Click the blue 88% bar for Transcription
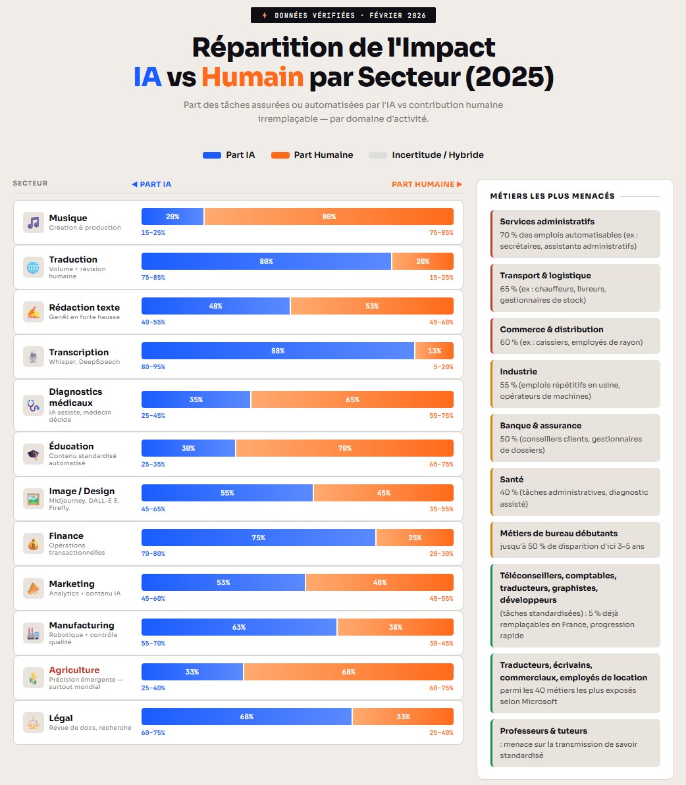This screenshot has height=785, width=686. tap(278, 351)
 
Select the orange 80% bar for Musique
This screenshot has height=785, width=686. tap(329, 216)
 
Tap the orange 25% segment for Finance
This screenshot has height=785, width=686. tap(415, 538)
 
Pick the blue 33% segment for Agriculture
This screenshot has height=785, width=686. tap(192, 672)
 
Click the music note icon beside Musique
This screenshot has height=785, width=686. tap(34, 222)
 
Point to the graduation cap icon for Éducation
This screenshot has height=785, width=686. tap(34, 454)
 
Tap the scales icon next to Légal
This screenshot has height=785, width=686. tap(34, 722)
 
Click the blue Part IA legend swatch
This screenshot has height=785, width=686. tap(212, 155)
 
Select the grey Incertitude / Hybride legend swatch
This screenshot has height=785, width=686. tap(377, 155)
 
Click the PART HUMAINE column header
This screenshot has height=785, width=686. tap(427, 184)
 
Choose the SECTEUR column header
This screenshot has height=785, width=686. tap(30, 183)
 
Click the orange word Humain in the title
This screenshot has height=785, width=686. tap(252, 77)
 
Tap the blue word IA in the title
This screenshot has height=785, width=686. tap(147, 77)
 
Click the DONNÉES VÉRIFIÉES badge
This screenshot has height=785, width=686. tap(343, 15)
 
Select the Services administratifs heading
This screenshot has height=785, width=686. tap(547, 221)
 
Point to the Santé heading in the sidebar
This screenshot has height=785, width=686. tap(512, 479)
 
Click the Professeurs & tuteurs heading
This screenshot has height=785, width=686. tap(543, 731)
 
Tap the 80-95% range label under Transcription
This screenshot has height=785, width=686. tap(153, 367)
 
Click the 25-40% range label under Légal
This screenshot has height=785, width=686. tap(441, 733)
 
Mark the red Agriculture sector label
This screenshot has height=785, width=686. tap(74, 670)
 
